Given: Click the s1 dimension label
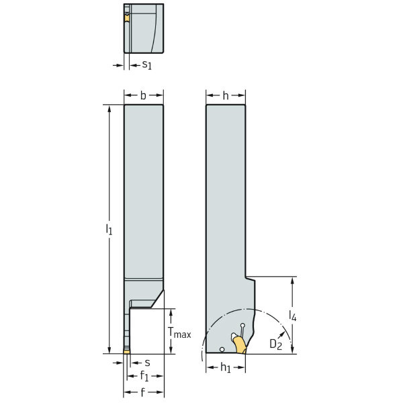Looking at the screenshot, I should (x=146, y=64).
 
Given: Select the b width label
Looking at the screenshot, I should (x=143, y=95).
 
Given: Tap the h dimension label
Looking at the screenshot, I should (x=225, y=95).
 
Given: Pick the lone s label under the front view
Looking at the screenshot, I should (x=146, y=362).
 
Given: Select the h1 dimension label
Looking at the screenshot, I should (x=227, y=368).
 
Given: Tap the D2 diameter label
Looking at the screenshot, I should (x=275, y=344).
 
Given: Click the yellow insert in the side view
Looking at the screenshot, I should (x=240, y=344).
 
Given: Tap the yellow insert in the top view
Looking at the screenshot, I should (x=126, y=18).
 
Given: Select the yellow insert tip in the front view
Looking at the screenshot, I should (x=126, y=351).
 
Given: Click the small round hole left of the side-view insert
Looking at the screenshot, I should (x=222, y=349).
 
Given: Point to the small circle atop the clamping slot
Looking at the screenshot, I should (x=242, y=325).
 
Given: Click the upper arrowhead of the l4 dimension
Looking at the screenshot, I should (x=292, y=280).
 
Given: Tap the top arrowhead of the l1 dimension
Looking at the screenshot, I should (x=109, y=108).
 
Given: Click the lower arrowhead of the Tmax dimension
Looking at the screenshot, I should (x=173, y=349).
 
